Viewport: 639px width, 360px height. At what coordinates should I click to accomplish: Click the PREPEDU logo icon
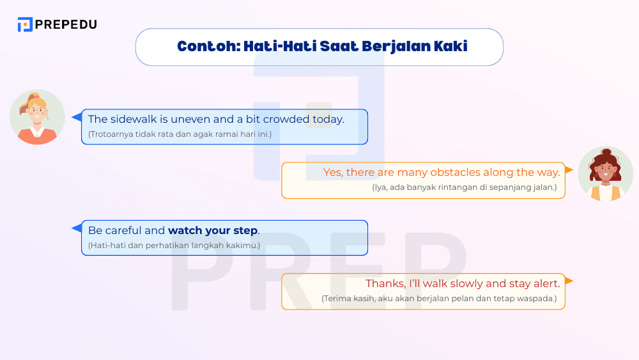point(25,24)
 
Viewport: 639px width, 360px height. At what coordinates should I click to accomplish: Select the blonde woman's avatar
point(37,117)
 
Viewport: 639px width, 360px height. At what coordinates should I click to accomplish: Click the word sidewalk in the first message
point(135,119)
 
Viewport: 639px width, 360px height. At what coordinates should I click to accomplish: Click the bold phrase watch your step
point(213,230)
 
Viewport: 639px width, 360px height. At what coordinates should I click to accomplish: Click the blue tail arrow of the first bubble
point(77,117)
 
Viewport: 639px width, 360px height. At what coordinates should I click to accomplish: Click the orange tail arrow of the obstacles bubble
point(569,170)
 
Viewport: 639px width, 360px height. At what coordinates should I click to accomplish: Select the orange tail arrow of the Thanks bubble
point(569,281)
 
